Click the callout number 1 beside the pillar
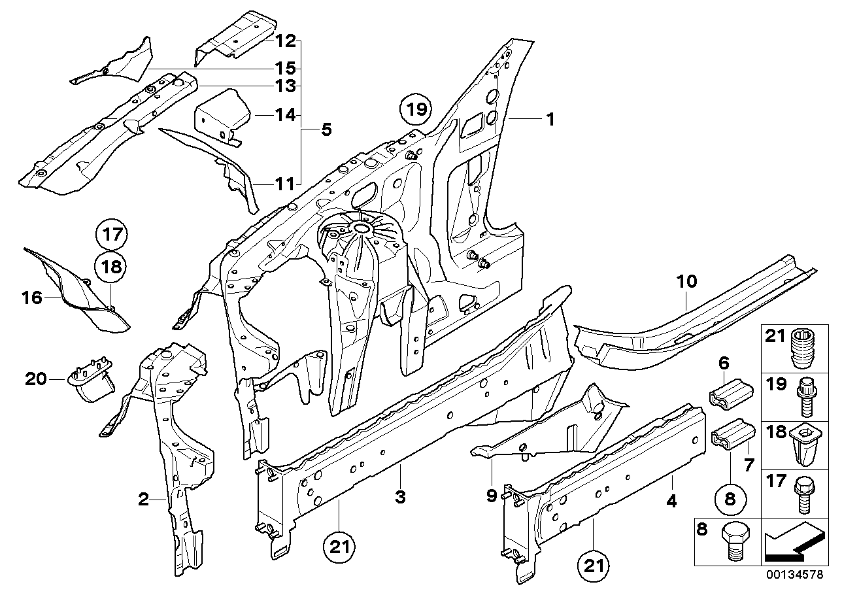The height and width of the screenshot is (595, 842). click(x=550, y=119)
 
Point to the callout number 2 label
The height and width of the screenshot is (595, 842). click(x=144, y=500)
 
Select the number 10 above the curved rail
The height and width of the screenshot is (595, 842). click(x=686, y=282)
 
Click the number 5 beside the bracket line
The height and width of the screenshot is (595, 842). click(x=326, y=130)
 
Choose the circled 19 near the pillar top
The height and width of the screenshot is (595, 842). click(x=417, y=108)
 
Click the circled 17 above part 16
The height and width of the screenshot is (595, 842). click(x=112, y=233)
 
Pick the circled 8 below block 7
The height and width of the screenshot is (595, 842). click(x=730, y=499)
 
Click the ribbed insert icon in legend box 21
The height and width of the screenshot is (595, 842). click(x=804, y=349)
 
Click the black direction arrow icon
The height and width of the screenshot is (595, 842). click(x=791, y=541)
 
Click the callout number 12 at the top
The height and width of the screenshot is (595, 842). click(x=284, y=41)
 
